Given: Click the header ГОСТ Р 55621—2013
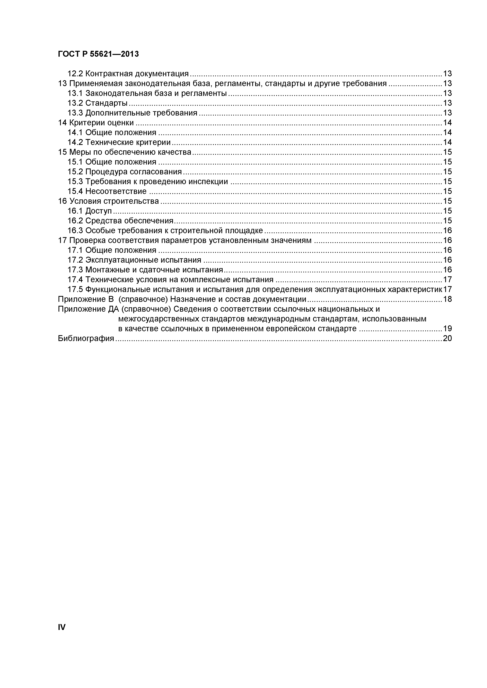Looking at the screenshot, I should pos(98,54).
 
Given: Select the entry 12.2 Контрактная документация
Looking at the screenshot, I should pos(128,74).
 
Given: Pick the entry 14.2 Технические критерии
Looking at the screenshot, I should pos(119,142).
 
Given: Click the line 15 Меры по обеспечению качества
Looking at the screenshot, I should pos(124,152).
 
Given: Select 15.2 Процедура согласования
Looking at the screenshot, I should pos(125,172).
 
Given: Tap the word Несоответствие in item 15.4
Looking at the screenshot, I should pos(116,191).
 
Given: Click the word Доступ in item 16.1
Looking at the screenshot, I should pos(99,211).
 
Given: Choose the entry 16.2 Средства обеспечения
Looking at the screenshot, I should pos(120,221).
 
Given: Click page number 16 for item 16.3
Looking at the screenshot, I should pos(447,230).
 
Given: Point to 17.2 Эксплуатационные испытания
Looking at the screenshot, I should pos(134,260).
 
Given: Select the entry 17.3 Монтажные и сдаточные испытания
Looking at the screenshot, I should pos(145,270).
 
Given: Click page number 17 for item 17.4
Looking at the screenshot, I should pos(447,280).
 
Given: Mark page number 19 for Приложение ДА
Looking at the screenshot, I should pos(447,329).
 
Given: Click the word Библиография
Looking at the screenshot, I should pos(86,339).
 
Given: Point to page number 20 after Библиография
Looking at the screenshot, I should pos(447,339).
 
